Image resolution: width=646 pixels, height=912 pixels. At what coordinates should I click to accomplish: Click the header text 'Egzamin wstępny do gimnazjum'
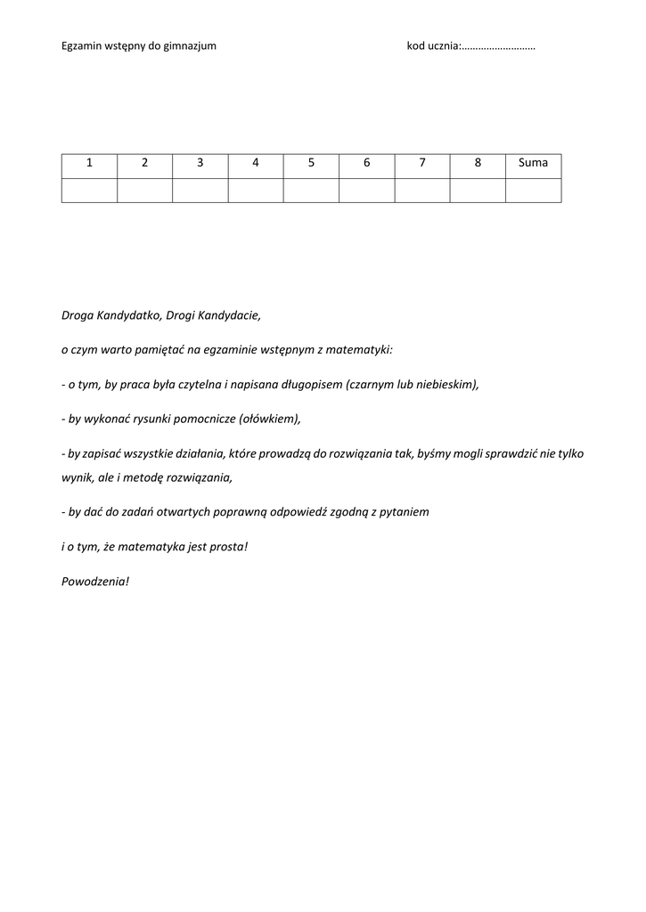click(138, 45)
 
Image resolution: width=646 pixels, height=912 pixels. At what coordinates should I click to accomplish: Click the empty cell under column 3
click(200, 190)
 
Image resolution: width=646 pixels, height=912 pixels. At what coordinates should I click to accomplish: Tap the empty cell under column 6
click(366, 190)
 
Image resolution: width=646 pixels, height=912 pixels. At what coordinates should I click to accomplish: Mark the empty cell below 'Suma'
click(533, 190)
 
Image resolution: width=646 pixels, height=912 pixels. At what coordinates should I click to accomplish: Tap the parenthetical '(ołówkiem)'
click(269, 419)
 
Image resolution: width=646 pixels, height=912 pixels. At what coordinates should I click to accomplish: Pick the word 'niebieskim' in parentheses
click(450, 385)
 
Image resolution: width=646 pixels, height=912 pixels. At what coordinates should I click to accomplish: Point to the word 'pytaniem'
click(406, 512)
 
